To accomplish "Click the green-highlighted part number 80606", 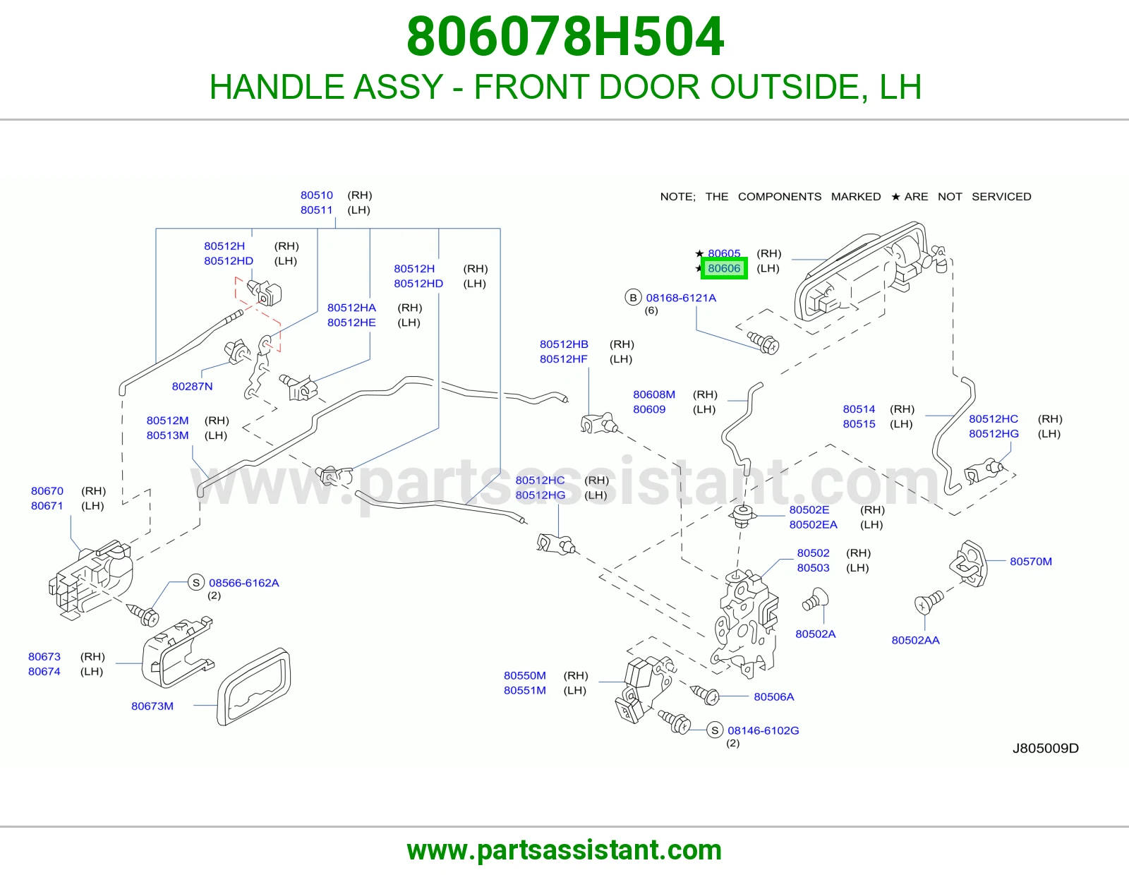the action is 724,268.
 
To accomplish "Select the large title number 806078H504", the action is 564,37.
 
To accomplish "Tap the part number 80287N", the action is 192,386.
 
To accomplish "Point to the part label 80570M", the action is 1031,561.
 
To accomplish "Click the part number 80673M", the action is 152,706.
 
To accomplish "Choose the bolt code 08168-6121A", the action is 681,298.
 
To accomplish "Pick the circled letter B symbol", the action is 633,298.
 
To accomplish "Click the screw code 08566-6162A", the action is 243,582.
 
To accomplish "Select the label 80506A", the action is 773,696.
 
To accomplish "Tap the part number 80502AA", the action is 915,639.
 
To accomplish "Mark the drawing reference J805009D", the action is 1045,748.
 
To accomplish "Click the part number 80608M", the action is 653,394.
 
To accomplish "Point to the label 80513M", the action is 167,435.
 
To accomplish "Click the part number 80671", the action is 47,505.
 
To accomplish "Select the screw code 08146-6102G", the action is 763,730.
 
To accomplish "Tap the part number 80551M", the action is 525,690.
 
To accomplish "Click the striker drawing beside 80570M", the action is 967,564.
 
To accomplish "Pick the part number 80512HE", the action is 351,322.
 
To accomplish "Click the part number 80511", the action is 316,210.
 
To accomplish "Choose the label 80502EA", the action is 813,524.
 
